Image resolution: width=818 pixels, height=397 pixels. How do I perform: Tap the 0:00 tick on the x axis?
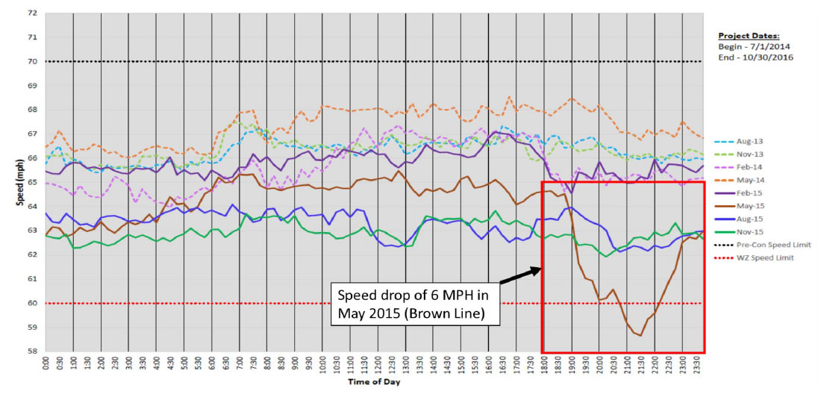tap(46, 366)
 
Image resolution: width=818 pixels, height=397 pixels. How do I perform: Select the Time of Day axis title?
tap(373, 383)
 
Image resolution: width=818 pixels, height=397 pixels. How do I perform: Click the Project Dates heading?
tap(749, 35)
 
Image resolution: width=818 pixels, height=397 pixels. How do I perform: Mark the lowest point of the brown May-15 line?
tap(640, 336)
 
